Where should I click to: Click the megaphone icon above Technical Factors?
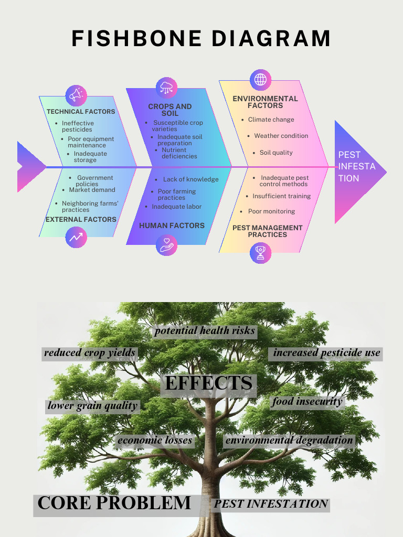point(76,95)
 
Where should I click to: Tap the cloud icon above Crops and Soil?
point(167,88)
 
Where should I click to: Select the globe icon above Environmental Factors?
point(260,80)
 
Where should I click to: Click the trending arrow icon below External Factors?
point(76,237)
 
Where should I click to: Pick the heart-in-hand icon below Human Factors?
point(167,245)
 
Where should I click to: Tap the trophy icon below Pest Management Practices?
point(260,253)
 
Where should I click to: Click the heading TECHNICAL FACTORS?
point(81,112)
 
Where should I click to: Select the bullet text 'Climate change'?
point(271,120)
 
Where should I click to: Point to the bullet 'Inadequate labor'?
point(176,207)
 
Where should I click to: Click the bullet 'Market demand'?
point(92,190)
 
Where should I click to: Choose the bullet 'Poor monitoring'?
point(271,211)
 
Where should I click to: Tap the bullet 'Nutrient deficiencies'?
point(179,153)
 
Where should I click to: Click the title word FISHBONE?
point(136,39)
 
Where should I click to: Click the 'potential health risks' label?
point(205,331)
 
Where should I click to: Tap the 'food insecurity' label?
point(307,402)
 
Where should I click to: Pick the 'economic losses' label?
point(155,441)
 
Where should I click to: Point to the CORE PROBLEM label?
point(114,503)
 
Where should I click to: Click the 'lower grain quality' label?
point(92,405)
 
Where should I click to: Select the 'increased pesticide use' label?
point(326,353)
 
